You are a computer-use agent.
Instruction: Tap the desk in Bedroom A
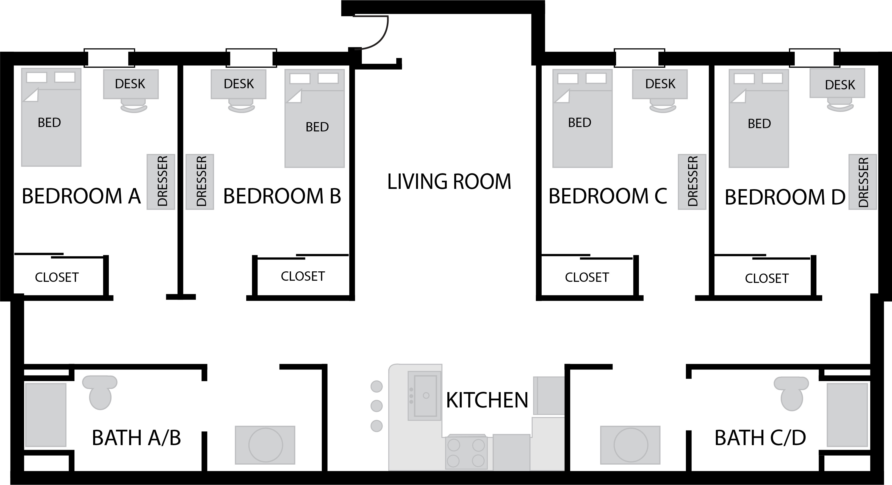pyautogui.click(x=131, y=84)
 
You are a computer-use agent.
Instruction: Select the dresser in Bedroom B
pyautogui.click(x=200, y=182)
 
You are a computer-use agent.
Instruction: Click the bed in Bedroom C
pyautogui.click(x=582, y=119)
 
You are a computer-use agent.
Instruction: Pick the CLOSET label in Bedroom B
pyautogui.click(x=303, y=276)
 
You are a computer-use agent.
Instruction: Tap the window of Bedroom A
pyautogui.click(x=109, y=58)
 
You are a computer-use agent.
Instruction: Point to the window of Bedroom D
pyautogui.click(x=815, y=58)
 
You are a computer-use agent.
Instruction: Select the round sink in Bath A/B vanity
pyautogui.click(x=265, y=445)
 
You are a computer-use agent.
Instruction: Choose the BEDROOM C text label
pyautogui.click(x=608, y=196)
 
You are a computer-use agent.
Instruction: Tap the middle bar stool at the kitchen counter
pyautogui.click(x=376, y=406)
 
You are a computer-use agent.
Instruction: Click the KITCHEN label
pyautogui.click(x=487, y=401)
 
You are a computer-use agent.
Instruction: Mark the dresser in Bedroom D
pyautogui.click(x=863, y=182)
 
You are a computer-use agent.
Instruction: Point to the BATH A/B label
pyautogui.click(x=136, y=438)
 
